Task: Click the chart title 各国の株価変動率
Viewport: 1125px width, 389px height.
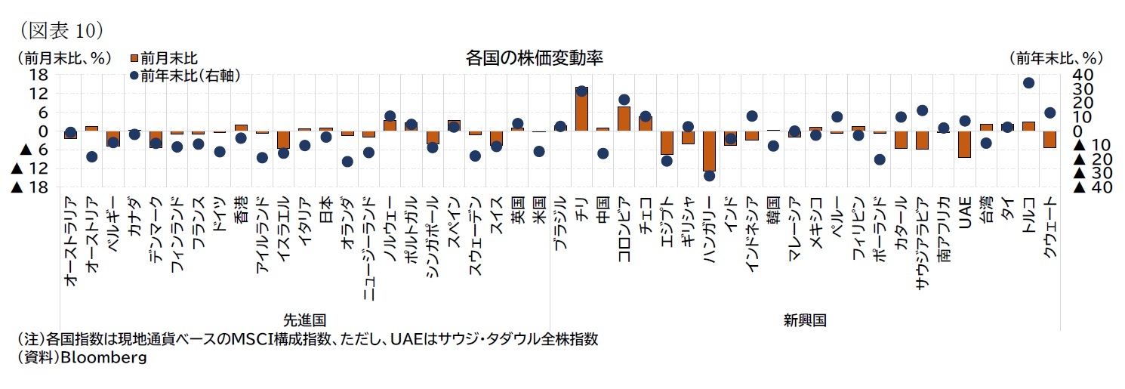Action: click(534, 58)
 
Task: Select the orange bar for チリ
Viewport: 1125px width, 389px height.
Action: click(581, 110)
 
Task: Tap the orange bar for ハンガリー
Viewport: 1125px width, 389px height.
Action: click(709, 150)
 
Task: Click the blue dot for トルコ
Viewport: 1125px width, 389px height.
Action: click(1028, 83)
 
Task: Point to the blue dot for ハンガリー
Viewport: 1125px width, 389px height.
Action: click(709, 175)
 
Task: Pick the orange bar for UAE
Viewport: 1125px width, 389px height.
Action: click(964, 144)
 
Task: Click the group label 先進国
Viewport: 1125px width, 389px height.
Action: click(305, 320)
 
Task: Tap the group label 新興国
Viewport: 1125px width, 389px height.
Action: click(805, 320)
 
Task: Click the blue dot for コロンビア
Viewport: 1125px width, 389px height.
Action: click(624, 99)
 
